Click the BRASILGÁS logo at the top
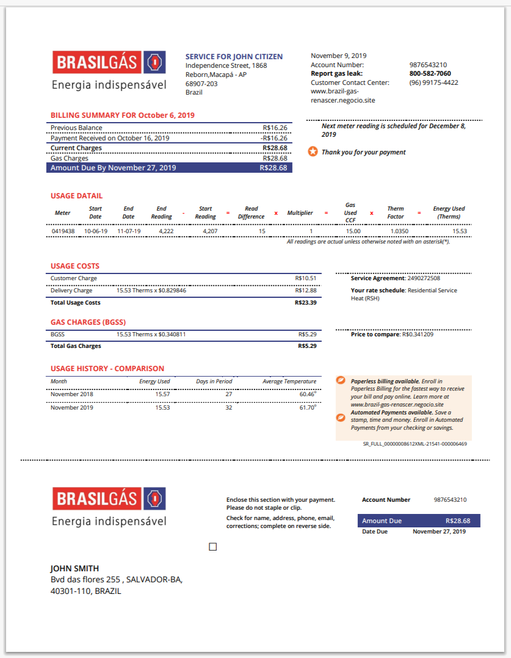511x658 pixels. tap(109, 62)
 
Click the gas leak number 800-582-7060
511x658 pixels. tap(430, 74)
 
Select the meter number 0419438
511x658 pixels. tap(63, 231)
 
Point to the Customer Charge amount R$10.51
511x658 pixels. tap(305, 278)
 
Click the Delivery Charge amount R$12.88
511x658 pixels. tap(305, 291)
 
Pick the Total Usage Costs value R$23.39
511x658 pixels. tap(305, 303)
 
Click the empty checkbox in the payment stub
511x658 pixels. tap(213, 547)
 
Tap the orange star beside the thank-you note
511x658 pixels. tap(312, 151)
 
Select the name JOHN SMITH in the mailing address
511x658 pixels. tap(74, 568)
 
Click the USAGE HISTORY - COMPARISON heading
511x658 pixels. tap(107, 369)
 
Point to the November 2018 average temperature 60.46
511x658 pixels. tap(306, 394)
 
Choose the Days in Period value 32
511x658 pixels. tap(228, 407)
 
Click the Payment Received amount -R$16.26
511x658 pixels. tap(274, 138)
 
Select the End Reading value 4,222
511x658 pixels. tap(165, 231)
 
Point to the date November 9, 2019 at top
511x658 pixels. tap(338, 56)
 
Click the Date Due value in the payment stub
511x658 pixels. tap(439, 532)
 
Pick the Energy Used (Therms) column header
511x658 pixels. tap(449, 212)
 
